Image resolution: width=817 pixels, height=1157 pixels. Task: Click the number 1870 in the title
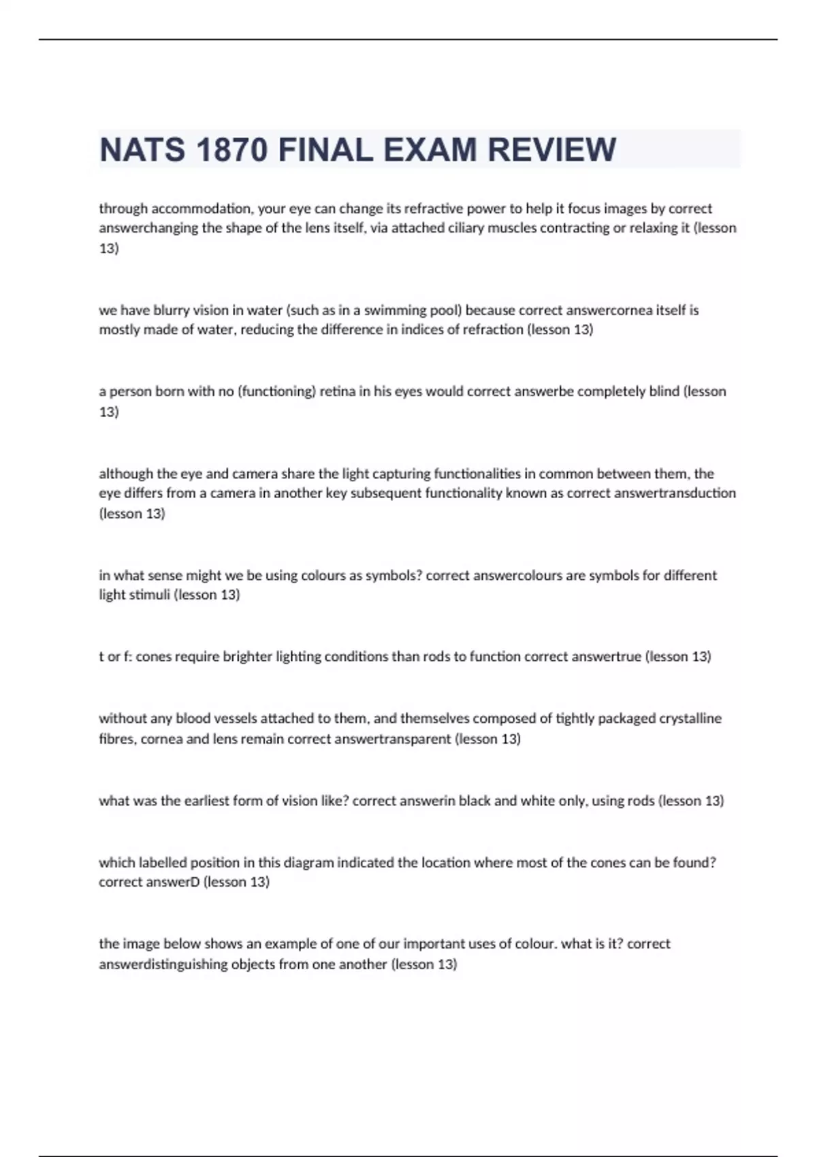click(231, 150)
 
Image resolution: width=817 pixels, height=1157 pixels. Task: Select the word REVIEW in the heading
click(552, 150)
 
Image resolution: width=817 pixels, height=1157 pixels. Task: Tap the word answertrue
click(606, 657)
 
